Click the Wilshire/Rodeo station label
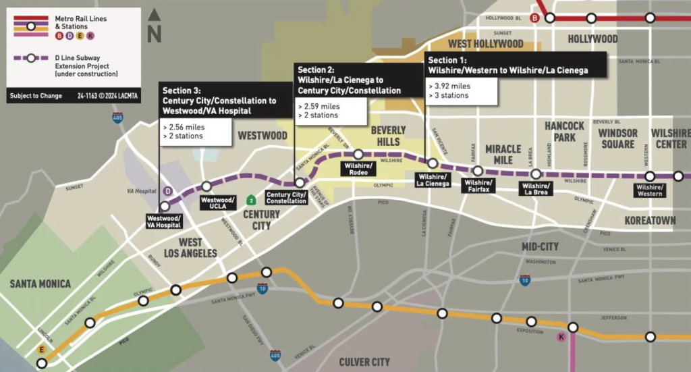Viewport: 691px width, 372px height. click(358, 169)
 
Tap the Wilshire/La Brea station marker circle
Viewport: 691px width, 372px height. click(536, 174)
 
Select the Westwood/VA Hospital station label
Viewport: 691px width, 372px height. click(164, 222)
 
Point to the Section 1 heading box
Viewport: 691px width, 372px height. click(516, 65)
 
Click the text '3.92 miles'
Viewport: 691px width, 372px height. click(451, 86)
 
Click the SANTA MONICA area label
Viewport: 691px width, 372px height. click(40, 284)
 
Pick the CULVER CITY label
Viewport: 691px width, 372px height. click(364, 363)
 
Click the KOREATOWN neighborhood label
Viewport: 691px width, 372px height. click(650, 221)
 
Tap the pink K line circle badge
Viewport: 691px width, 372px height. click(561, 337)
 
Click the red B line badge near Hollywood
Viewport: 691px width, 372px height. click(535, 18)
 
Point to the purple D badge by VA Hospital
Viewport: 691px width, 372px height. click(168, 191)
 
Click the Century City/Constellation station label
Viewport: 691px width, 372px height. click(287, 198)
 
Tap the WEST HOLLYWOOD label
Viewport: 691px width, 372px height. click(485, 44)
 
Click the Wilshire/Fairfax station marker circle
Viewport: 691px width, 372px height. click(477, 171)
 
